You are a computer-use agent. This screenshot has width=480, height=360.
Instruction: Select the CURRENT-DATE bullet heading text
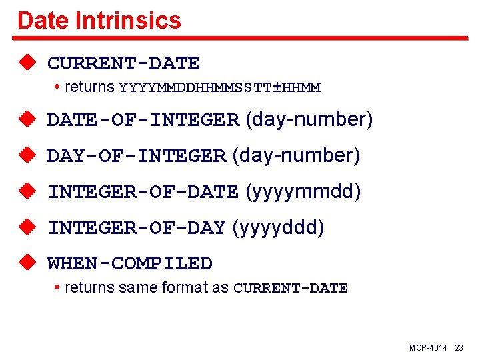pos(123,63)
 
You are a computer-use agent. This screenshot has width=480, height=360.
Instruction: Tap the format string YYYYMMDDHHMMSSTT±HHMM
pos(219,87)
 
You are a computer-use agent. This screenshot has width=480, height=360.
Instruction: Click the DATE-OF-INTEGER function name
pos(143,120)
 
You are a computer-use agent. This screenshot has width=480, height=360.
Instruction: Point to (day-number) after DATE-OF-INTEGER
pos(309,120)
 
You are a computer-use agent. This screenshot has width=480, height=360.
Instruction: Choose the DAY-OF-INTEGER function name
pos(136,156)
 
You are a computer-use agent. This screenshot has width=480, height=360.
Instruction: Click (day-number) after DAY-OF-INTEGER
pos(296,156)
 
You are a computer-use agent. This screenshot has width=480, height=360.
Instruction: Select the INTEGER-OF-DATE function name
pos(143,192)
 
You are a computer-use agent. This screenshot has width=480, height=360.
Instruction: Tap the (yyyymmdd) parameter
pos(303,192)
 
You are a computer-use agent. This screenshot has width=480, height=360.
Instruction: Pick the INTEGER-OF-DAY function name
pos(136,228)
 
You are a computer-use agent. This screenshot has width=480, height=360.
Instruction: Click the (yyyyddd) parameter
pos(278,228)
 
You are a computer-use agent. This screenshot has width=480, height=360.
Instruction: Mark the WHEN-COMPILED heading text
pos(129,263)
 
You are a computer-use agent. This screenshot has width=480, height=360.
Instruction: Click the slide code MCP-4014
pos(428,348)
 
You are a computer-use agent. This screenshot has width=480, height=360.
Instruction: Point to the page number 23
pos(459,348)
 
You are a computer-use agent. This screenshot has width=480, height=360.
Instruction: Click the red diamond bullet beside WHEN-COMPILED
pos(27,263)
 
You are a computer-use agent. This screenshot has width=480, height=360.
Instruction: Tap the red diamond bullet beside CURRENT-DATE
pos(27,63)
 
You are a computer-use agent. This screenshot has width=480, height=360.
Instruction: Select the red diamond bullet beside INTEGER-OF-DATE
pos(27,191)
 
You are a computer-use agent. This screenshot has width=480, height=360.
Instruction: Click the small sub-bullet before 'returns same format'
pos(58,288)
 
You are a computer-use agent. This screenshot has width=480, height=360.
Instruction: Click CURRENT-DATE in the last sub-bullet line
pos(291,289)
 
